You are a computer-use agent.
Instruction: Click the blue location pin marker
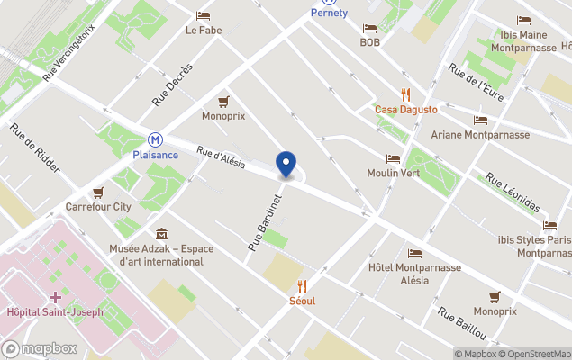pyautogui.click(x=286, y=165)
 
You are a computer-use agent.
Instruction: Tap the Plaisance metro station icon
pyautogui.click(x=156, y=140)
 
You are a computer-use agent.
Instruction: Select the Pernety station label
pyautogui.click(x=329, y=13)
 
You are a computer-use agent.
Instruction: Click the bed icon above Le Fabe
pyautogui.click(x=204, y=15)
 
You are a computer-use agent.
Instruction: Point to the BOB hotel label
pyautogui.click(x=369, y=42)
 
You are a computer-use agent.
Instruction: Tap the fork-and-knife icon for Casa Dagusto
pyautogui.click(x=405, y=94)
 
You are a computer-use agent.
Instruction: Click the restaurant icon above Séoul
pyautogui.click(x=302, y=285)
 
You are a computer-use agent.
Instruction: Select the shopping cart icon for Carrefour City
pyautogui.click(x=97, y=193)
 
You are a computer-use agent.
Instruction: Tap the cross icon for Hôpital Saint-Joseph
pyautogui.click(x=55, y=297)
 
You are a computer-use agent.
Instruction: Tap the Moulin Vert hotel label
pyautogui.click(x=393, y=173)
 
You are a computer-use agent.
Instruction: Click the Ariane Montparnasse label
pyautogui.click(x=480, y=135)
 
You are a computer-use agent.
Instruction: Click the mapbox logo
pyautogui.click(x=40, y=348)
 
